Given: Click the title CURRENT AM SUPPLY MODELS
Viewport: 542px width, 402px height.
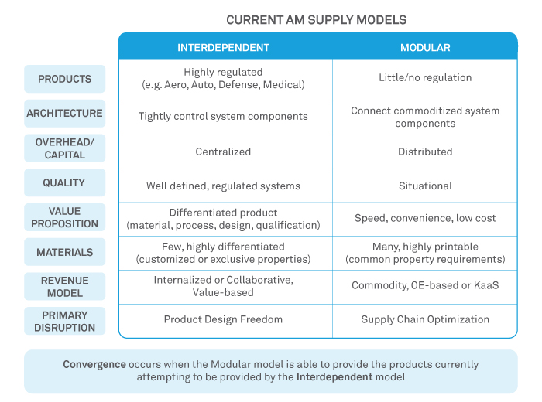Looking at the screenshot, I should tap(316, 19).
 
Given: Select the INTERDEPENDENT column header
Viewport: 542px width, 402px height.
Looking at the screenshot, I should tap(224, 47).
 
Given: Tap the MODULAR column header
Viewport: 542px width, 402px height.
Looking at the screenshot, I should tap(425, 47).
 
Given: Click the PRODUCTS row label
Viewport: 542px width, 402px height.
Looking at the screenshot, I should tap(65, 79).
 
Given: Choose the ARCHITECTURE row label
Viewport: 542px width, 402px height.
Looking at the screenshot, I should tap(65, 113).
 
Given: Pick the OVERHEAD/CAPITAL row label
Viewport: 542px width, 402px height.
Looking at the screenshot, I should tap(65, 148).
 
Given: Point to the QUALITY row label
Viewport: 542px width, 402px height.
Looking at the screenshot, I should tap(65, 183).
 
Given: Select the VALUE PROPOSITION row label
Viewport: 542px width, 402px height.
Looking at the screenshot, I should tap(65, 217).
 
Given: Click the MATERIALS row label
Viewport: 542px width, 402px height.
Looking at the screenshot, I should tap(65, 252).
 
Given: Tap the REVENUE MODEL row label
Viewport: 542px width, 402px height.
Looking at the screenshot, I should tap(65, 286).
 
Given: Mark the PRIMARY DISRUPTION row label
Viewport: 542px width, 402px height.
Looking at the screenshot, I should tap(65, 321).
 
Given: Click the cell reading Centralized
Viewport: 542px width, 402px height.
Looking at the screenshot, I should tap(223, 152).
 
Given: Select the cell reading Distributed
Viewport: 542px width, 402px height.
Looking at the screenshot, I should tap(425, 152).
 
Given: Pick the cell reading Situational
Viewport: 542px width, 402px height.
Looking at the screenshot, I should tap(425, 186).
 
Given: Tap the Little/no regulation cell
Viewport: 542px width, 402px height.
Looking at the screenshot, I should tap(425, 77).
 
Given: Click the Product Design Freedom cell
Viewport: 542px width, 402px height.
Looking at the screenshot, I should tap(223, 319).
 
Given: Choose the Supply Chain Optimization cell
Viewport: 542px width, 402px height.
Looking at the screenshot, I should tap(425, 319).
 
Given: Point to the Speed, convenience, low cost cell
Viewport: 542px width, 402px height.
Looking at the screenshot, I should tap(425, 218).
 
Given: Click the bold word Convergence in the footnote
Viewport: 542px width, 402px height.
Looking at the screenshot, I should tap(94, 364).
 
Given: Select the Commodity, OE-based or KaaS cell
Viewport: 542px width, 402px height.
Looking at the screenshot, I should tap(425, 285).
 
